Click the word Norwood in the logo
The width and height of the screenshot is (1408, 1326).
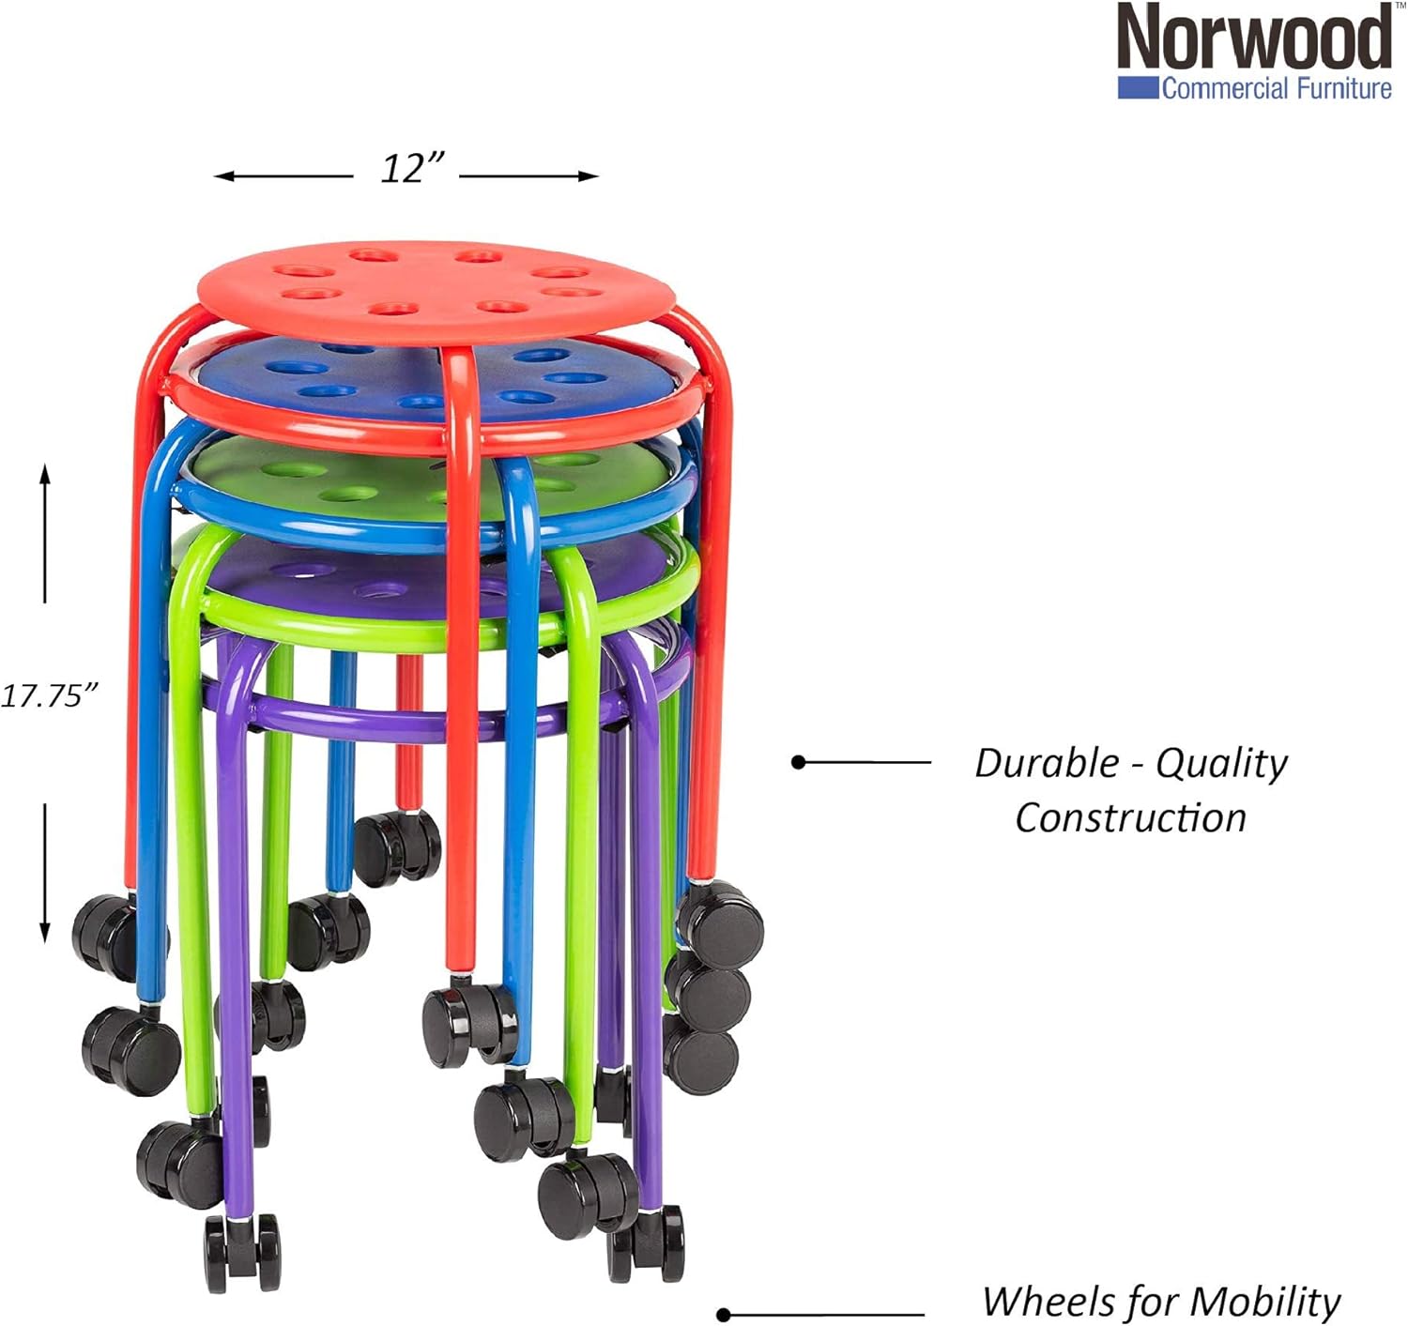pos(1254,38)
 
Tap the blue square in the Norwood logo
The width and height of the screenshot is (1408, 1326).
pos(1138,88)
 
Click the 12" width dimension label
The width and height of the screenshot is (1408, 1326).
pos(411,169)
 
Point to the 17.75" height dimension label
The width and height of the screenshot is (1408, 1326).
pos(49,695)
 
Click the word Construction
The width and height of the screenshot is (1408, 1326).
pos(1130,817)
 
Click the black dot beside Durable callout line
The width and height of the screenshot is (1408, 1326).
pos(799,762)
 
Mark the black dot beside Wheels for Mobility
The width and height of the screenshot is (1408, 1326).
pos(724,1314)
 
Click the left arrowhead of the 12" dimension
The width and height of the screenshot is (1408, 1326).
pos(221,175)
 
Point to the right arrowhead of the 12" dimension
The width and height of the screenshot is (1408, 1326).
pos(591,175)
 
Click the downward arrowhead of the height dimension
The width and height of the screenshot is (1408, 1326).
pos(44,933)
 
